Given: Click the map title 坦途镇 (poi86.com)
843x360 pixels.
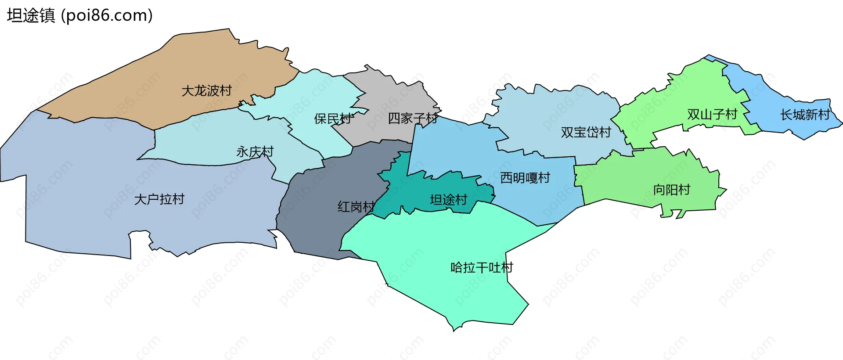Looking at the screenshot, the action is click(79, 15).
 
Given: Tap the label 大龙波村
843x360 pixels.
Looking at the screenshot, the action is click(206, 91).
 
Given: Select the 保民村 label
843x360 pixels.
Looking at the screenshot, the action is click(334, 119).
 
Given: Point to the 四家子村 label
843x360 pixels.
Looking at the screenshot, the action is click(413, 118).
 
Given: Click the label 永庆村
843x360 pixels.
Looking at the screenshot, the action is click(255, 152).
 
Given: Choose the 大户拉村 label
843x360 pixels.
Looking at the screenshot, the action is click(159, 199).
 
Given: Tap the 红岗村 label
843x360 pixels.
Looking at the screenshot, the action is click(356, 207).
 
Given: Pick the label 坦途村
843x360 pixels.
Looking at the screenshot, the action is click(448, 200).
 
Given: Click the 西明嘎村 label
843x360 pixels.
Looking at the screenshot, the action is click(525, 178).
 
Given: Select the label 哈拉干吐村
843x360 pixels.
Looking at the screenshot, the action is click(482, 267).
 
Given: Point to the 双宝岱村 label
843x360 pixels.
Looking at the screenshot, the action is click(586, 132).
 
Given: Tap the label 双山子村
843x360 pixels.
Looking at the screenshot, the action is click(712, 115).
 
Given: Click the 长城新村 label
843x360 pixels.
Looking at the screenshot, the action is click(805, 115).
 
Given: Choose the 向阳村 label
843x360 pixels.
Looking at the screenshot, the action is click(672, 190).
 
